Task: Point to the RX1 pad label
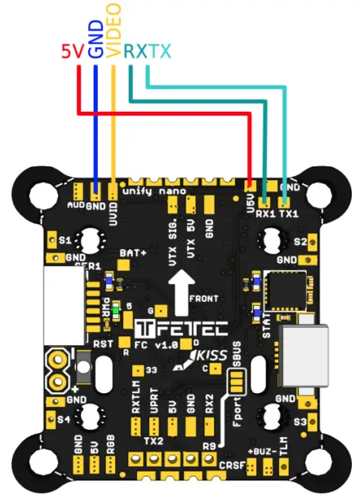click(265, 214)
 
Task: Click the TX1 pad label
click(287, 214)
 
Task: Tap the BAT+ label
click(133, 254)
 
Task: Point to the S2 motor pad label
click(300, 241)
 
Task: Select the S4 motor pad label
click(64, 422)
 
